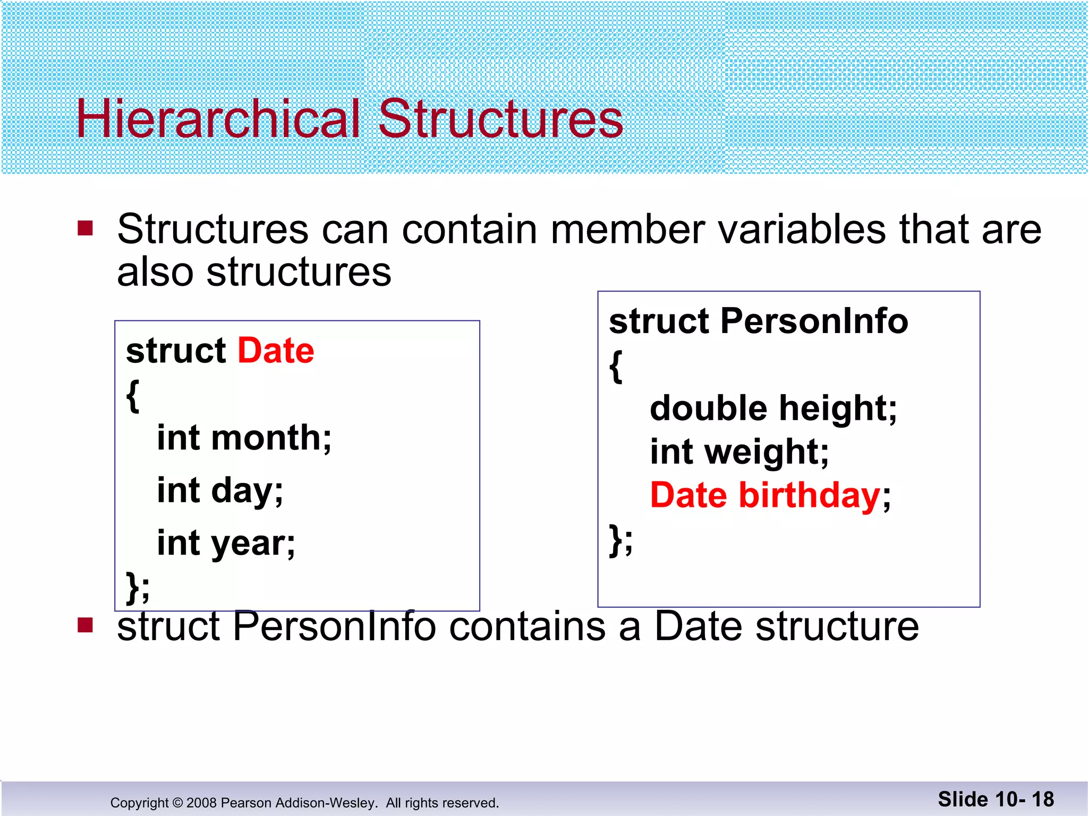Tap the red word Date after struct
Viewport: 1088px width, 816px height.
(x=276, y=351)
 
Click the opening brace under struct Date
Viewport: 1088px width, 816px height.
(x=133, y=396)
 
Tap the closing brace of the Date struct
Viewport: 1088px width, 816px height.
(x=133, y=588)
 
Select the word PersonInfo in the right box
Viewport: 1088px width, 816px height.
(x=814, y=321)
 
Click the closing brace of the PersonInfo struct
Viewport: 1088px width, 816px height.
(x=616, y=539)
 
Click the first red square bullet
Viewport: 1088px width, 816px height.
(x=85, y=228)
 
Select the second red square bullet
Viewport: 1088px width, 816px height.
(x=85, y=625)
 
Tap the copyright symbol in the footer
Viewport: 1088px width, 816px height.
(x=178, y=803)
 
